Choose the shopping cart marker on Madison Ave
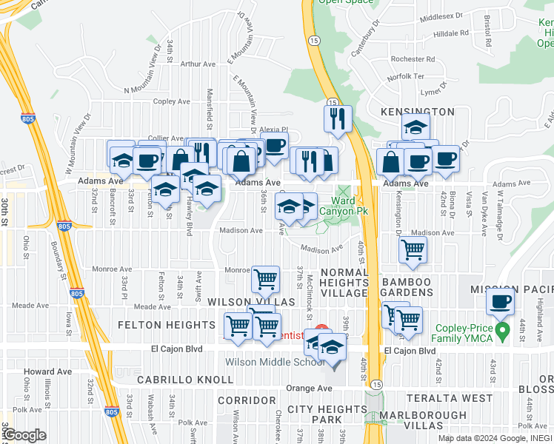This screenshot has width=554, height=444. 413,249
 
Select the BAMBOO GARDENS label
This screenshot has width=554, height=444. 407,288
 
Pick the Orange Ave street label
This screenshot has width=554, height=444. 310,388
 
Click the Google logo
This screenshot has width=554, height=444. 24,435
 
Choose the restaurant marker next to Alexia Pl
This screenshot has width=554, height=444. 338,118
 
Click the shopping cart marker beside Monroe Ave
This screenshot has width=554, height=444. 265,279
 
